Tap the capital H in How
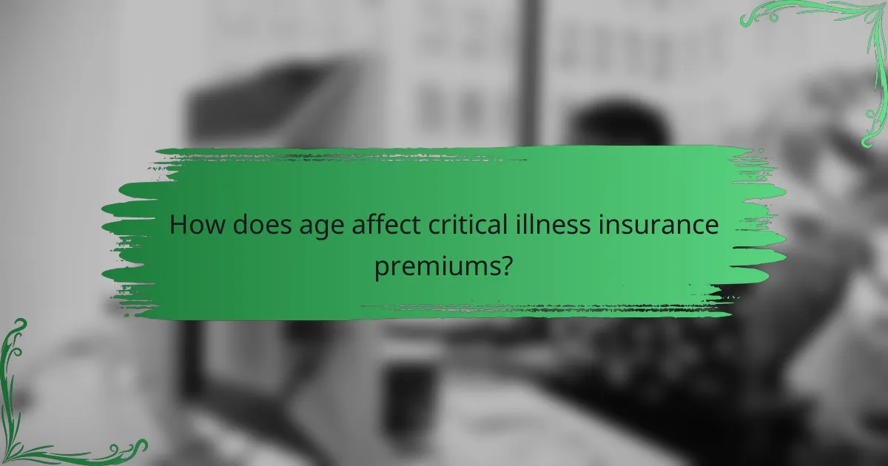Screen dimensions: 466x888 (178, 226)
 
